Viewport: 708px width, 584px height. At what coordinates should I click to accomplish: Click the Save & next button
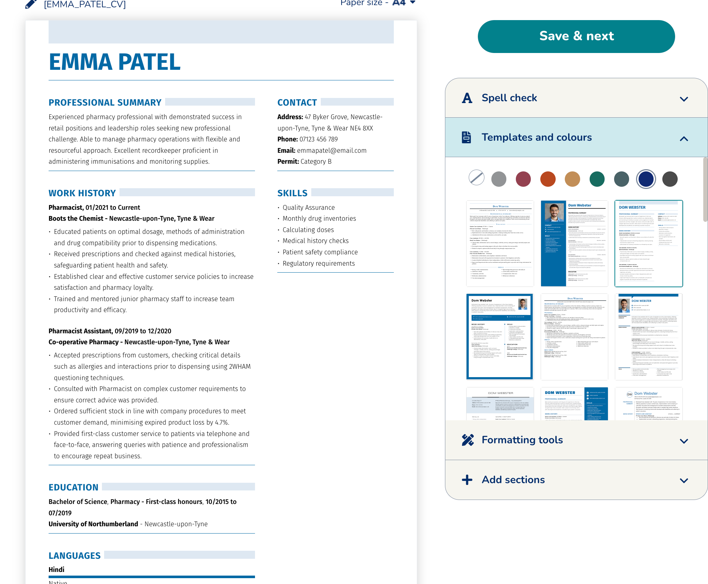click(x=576, y=36)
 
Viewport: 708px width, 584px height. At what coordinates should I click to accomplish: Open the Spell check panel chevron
click(x=684, y=99)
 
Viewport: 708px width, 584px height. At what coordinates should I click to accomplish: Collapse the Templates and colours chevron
click(x=684, y=139)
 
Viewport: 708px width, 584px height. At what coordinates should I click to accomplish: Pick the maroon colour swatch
click(x=523, y=179)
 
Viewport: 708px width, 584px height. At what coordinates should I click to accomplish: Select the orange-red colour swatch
click(x=548, y=179)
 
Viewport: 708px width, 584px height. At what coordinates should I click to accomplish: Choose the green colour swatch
click(x=597, y=179)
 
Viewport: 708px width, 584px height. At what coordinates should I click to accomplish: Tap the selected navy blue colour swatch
click(x=646, y=179)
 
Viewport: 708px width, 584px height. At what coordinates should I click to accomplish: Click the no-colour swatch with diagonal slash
click(x=476, y=178)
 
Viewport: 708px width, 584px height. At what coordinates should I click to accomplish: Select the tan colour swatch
click(x=572, y=179)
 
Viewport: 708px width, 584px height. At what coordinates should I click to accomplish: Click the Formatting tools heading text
click(x=522, y=440)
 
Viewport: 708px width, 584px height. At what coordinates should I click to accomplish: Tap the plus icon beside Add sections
click(x=467, y=480)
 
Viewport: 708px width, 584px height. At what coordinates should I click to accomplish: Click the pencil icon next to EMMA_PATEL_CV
click(x=31, y=4)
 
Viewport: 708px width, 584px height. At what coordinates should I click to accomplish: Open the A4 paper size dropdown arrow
click(x=413, y=3)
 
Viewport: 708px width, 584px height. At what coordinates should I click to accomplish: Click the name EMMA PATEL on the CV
click(x=115, y=62)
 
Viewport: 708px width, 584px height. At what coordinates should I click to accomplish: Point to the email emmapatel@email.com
click(x=332, y=151)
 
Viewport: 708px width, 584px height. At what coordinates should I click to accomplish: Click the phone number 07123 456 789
click(x=319, y=139)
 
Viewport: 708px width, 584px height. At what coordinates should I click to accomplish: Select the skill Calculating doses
click(x=308, y=230)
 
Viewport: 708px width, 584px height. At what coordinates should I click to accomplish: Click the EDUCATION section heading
click(x=73, y=487)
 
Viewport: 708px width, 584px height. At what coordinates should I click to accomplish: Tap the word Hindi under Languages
click(x=57, y=569)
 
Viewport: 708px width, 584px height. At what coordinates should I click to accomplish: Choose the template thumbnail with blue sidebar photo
click(x=574, y=243)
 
